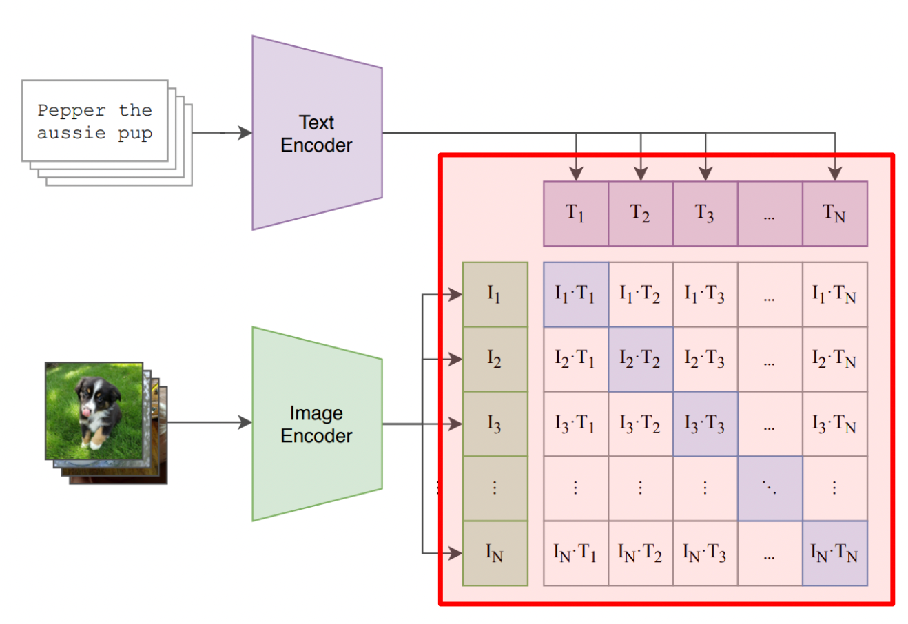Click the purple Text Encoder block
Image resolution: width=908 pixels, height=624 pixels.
click(x=316, y=133)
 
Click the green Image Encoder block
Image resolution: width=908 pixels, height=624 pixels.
click(x=316, y=424)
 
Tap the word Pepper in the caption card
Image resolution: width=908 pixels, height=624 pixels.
click(x=72, y=110)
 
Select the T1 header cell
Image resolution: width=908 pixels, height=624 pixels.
click(x=575, y=214)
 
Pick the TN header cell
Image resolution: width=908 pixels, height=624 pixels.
click(x=834, y=214)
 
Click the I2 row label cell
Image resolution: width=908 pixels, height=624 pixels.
click(x=495, y=359)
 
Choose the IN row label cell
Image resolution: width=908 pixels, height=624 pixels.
click(x=495, y=553)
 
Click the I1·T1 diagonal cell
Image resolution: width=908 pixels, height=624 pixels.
click(x=575, y=294)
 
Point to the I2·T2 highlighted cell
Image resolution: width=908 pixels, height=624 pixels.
click(x=640, y=359)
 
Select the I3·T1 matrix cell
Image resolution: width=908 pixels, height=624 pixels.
click(x=575, y=424)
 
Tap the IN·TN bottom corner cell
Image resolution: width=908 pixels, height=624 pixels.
click(x=834, y=553)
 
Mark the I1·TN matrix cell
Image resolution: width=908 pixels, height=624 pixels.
click(x=834, y=294)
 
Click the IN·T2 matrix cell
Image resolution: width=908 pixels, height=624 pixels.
click(x=640, y=553)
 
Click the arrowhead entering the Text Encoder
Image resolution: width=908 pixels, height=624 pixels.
click(x=245, y=133)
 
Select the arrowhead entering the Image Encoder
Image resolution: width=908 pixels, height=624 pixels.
click(x=245, y=422)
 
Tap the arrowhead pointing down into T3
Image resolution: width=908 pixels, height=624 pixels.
click(x=705, y=174)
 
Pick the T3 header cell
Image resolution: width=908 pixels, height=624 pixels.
click(x=705, y=214)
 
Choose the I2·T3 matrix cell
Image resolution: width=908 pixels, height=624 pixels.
click(x=705, y=359)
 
